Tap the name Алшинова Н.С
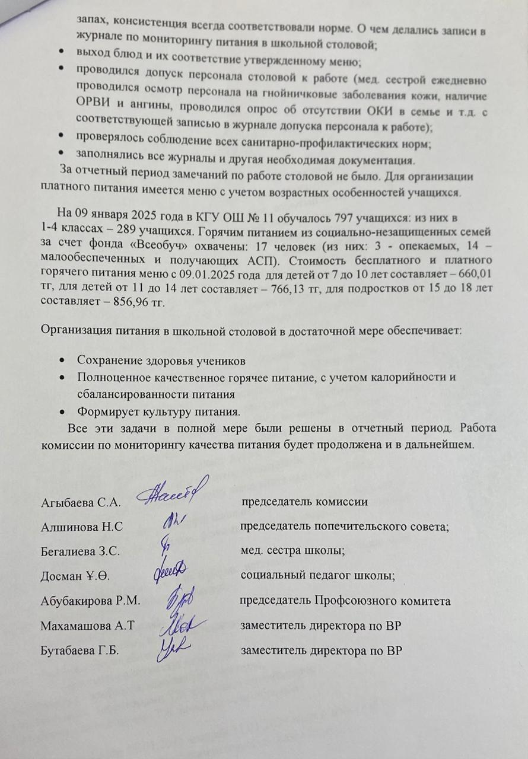(x=81, y=527)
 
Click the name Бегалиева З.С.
(x=80, y=551)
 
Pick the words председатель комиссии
(x=305, y=502)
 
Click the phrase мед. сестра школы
(x=292, y=551)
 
